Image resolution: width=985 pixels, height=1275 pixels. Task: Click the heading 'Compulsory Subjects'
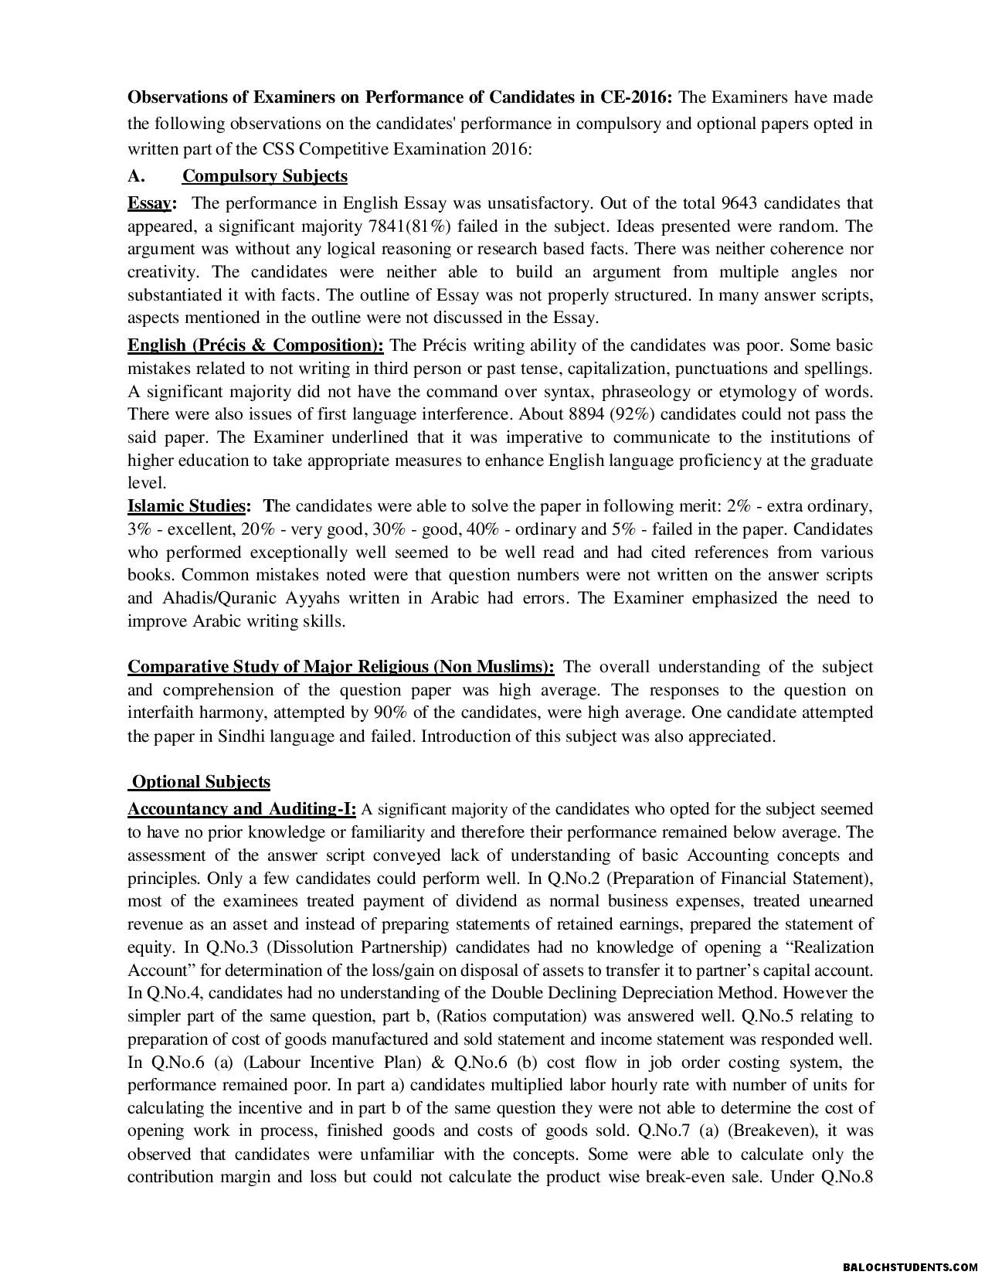click(x=264, y=176)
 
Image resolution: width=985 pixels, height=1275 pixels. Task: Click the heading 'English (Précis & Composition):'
click(x=255, y=345)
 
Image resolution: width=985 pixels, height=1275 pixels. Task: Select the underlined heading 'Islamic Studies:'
click(x=189, y=507)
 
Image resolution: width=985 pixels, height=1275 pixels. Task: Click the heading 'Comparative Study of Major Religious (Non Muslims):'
click(x=341, y=667)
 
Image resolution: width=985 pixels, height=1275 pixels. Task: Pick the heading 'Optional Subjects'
click(x=201, y=782)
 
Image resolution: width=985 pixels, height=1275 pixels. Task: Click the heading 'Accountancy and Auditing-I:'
click(x=242, y=810)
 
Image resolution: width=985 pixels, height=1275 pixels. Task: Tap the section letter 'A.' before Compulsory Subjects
click(x=137, y=176)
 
